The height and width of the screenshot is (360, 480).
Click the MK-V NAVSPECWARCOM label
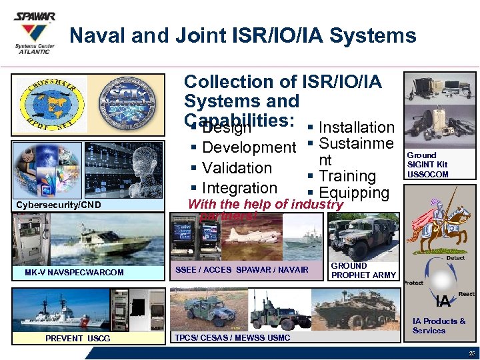(74, 272)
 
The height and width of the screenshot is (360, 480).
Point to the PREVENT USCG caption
(77, 338)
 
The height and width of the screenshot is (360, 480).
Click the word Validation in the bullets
(237, 167)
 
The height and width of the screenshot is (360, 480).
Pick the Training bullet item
(347, 176)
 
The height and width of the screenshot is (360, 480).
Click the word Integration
(239, 188)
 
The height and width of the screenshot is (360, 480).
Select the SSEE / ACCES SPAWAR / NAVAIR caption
(242, 269)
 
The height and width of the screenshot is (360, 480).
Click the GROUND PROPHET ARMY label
(363, 270)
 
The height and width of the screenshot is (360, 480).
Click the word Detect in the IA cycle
(455, 257)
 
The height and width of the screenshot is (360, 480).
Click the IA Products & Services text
(438, 325)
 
